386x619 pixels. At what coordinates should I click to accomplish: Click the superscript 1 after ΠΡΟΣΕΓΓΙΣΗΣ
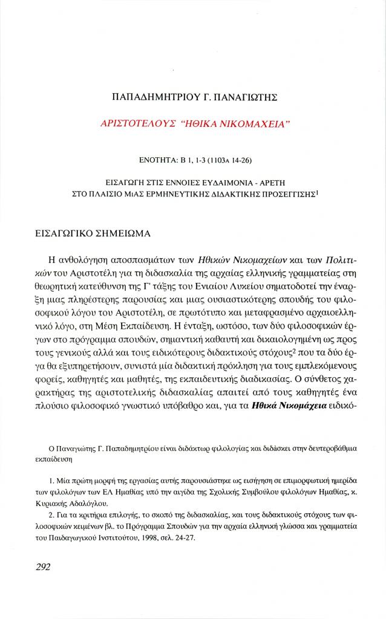click(x=316, y=192)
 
